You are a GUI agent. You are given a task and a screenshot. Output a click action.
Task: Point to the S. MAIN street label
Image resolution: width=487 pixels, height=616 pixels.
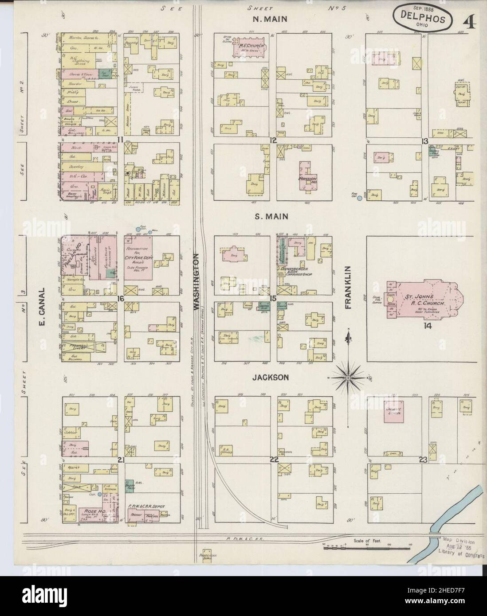tap(271, 217)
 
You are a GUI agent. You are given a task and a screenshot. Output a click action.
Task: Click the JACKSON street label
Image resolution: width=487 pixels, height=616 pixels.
tap(271, 377)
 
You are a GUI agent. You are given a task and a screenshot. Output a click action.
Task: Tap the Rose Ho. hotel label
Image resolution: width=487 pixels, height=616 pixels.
tap(91, 511)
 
